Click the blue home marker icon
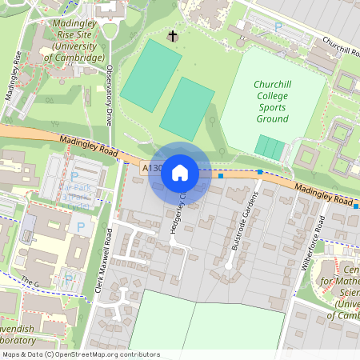coord(180,172)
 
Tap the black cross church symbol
coord(173,36)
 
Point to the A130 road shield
coord(151,170)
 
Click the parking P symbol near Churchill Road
coord(278,26)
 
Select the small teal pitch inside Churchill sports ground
coord(270,148)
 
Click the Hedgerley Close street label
coord(186,210)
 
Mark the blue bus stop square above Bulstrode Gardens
coord(260,172)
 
